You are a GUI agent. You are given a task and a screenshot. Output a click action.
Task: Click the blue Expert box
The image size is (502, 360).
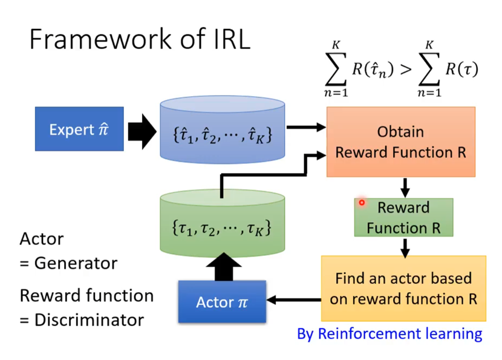point(79,129)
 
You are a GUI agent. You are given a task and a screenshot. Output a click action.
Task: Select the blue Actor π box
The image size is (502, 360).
point(222,301)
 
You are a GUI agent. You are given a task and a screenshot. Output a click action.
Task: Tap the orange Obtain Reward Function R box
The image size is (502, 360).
point(401,142)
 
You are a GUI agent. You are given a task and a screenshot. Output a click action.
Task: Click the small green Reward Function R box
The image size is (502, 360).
point(403,217)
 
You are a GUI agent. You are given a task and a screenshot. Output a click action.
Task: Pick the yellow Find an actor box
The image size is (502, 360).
point(403,288)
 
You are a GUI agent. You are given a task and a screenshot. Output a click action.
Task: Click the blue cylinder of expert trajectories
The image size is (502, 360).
point(222,129)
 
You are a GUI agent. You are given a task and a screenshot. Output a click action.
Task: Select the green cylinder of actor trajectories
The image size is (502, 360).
point(222,223)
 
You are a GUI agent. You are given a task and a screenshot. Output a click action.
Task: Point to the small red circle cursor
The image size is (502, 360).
point(362,203)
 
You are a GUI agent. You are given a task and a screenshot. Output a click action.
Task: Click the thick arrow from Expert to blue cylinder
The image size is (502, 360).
point(142,131)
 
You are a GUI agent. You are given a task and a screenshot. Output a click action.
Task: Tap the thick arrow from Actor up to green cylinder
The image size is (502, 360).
point(224,266)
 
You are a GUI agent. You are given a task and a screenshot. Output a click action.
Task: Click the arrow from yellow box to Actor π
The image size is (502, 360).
point(294,300)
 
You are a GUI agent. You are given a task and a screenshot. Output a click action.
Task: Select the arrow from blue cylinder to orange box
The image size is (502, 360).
point(306,127)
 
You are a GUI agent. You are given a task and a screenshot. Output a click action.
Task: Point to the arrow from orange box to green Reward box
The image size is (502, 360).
point(405,188)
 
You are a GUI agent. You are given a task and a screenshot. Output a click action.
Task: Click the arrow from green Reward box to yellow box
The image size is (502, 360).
point(405,248)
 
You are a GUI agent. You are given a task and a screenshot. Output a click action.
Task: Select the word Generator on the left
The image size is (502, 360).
point(76,263)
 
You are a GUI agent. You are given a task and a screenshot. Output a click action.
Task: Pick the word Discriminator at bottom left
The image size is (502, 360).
point(90,319)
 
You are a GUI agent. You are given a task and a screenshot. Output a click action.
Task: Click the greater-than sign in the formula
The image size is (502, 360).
point(406,69)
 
